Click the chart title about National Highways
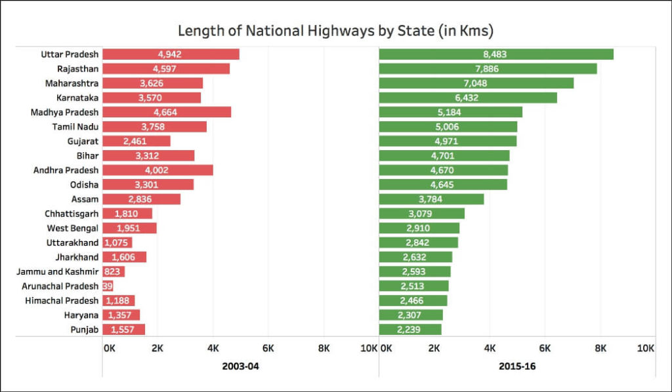point(335,31)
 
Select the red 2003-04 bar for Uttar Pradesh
point(171,54)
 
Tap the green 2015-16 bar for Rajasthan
point(488,69)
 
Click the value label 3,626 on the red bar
point(152,83)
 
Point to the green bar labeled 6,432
point(467,98)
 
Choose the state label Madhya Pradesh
point(65,112)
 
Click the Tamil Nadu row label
point(75,127)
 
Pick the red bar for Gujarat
point(136,141)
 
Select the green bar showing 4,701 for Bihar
point(444,155)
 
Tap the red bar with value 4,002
point(157,170)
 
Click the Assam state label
point(85,199)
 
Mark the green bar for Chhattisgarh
point(421,214)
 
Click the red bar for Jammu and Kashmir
point(113,271)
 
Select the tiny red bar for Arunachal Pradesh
point(108,286)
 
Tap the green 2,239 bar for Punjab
point(410,329)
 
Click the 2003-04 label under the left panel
point(240,366)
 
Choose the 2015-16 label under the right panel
point(517,366)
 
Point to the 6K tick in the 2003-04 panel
point(268,349)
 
